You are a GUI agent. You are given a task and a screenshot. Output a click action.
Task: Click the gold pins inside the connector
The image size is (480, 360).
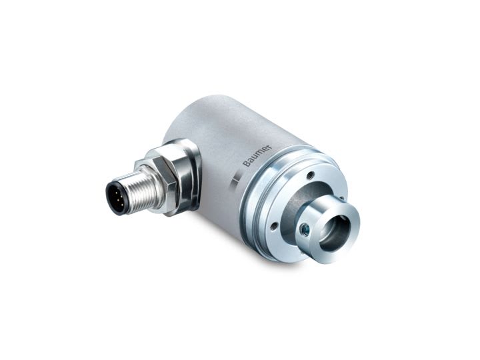point(115,197)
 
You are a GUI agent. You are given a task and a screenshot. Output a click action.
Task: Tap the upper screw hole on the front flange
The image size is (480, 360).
point(310,175)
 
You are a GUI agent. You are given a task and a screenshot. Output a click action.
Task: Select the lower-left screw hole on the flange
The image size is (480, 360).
point(273,227)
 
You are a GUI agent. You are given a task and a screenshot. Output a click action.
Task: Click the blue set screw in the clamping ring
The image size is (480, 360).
point(304,229)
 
